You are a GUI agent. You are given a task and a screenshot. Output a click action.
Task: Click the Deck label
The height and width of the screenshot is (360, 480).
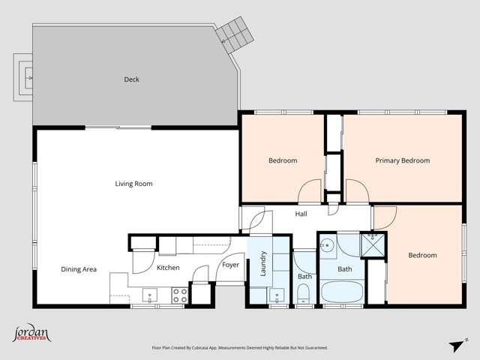point(131,79)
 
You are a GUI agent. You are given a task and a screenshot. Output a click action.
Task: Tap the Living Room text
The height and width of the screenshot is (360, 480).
point(133,184)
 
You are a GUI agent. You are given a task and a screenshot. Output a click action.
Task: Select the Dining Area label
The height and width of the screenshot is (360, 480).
point(79,269)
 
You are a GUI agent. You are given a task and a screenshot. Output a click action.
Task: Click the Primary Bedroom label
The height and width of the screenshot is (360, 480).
point(403,160)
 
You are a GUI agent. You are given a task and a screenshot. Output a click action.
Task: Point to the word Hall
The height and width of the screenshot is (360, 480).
point(301,214)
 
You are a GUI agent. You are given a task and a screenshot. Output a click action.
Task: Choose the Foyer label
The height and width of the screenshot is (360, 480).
point(230,265)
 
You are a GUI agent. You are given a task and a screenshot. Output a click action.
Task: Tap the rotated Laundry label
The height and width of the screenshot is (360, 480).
point(263,264)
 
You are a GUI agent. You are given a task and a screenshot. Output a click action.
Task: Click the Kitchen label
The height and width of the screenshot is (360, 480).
point(167,268)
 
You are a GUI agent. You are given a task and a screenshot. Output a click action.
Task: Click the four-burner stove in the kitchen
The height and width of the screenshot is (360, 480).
point(180,295)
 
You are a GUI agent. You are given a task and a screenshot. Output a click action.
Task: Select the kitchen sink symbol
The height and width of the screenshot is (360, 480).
point(149,295)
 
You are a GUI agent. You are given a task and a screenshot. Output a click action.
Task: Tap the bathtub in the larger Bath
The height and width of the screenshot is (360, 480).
point(343,292)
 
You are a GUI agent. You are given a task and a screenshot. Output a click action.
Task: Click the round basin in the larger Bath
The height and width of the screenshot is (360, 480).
point(327,244)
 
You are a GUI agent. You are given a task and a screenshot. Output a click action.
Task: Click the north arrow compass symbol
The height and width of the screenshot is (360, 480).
point(454,344)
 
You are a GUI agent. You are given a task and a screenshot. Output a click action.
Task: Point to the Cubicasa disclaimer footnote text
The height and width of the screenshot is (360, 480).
point(239,348)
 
